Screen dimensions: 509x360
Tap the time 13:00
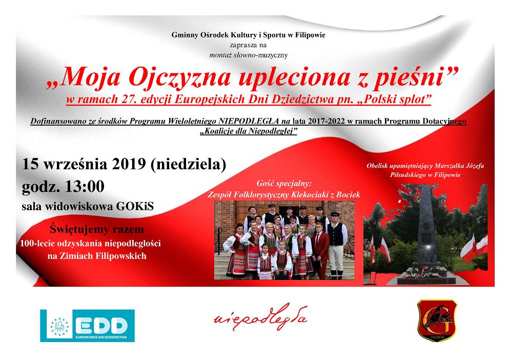click(85, 187)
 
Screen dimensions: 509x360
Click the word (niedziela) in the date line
click(189, 165)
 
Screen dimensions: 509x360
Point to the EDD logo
click(87, 326)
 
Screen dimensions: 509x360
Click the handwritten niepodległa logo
click(261, 316)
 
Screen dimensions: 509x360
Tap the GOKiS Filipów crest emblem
click(437, 321)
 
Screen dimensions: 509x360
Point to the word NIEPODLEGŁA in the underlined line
click(249, 121)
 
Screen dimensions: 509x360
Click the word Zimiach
click(76, 256)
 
